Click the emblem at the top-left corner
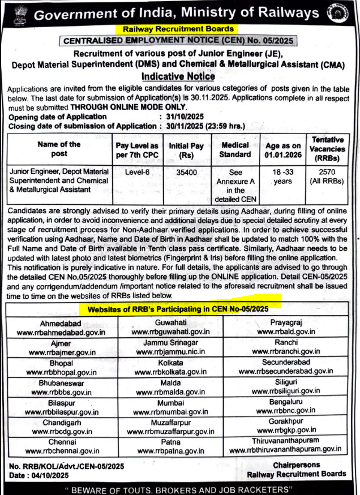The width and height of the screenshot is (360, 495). click(16, 12)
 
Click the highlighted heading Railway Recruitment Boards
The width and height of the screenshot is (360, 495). click(178, 28)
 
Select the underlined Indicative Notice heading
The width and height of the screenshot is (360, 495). click(178, 76)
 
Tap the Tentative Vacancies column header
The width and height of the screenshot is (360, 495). click(328, 148)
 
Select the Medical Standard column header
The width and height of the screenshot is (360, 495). click(234, 149)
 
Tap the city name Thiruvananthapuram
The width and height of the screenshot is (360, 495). click(285, 441)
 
